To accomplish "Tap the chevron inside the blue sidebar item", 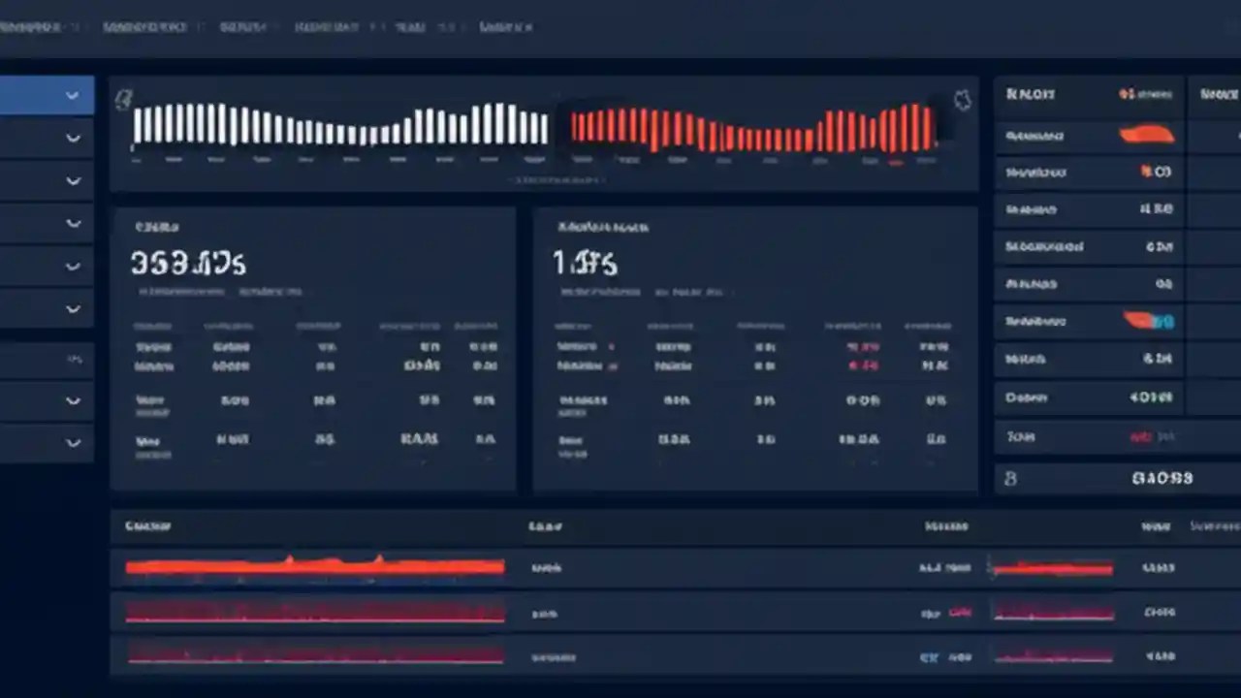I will [73, 96].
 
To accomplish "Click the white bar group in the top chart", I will [340, 125].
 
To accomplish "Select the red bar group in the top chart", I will [753, 128].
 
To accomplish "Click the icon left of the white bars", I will [123, 98].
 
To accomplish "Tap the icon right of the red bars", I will [963, 100].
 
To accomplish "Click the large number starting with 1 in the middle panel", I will [586, 262].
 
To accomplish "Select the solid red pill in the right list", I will [1147, 136].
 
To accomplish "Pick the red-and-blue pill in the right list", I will [1149, 320].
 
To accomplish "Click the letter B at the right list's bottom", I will [1010, 478].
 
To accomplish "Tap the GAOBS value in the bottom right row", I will [1161, 478].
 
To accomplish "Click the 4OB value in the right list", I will [1151, 397].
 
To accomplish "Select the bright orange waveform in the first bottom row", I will [315, 566].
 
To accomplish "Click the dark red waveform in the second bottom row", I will [315, 612].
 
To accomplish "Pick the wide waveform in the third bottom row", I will [315, 654].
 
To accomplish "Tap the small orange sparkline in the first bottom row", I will [1052, 568].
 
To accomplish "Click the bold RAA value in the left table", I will [419, 439].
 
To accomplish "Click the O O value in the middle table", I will [861, 399].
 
